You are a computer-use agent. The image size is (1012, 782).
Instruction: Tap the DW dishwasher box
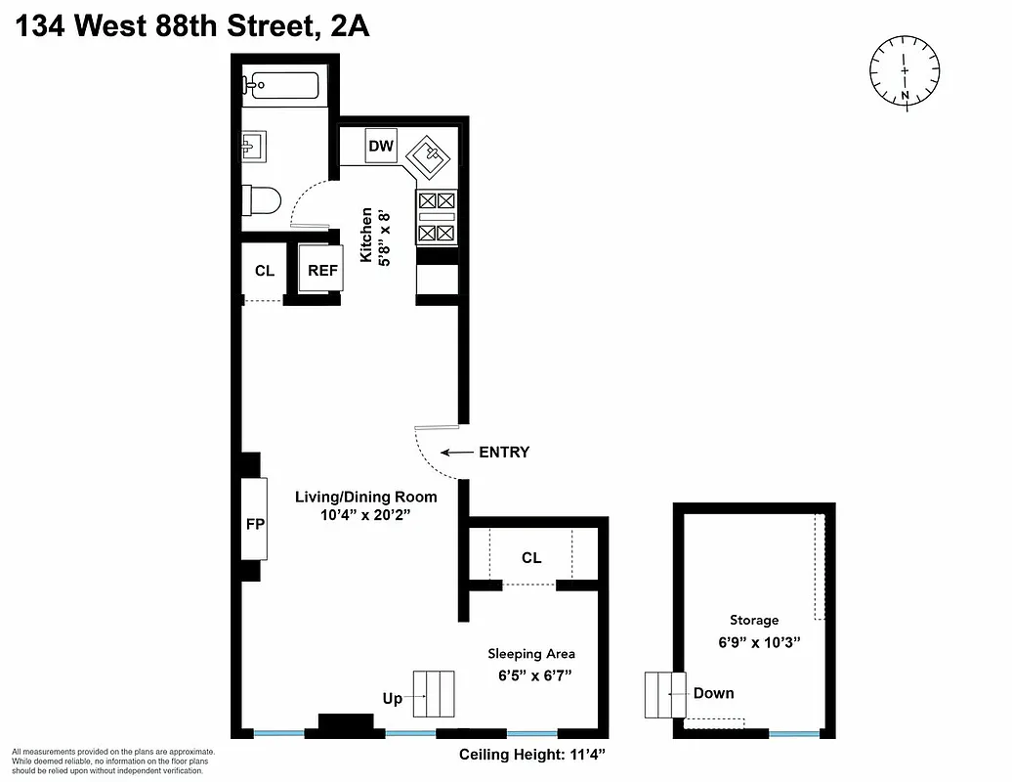[381, 147]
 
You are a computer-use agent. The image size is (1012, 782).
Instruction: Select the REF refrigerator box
[322, 271]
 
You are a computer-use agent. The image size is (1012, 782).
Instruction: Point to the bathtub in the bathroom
[283, 86]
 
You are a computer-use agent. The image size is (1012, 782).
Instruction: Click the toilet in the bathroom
[261, 200]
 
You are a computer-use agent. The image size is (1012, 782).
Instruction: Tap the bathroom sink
[251, 148]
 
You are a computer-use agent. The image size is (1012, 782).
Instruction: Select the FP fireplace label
[254, 524]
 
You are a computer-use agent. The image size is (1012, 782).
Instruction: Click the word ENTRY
[503, 453]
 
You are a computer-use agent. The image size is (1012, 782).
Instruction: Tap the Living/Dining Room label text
[366, 497]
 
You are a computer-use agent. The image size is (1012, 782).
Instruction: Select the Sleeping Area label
[531, 654]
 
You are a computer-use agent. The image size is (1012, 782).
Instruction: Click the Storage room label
[754, 620]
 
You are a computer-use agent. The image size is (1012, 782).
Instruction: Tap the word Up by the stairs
[392, 699]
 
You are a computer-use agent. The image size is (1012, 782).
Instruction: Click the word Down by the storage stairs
[713, 693]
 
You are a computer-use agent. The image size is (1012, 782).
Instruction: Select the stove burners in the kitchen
[437, 216]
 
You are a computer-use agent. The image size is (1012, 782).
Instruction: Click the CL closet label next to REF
[264, 271]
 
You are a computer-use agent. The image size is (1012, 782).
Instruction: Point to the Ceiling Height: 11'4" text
[533, 755]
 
